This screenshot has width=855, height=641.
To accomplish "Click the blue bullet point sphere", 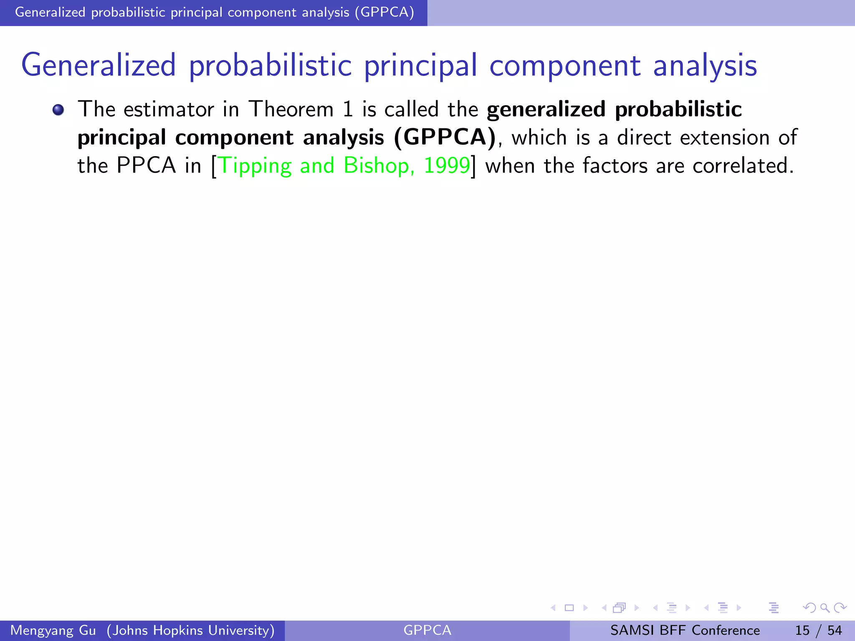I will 58,110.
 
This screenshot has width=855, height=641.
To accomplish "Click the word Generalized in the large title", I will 99,66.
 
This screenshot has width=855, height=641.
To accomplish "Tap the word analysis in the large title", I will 705,66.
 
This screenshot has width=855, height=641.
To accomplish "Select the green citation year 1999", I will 447,165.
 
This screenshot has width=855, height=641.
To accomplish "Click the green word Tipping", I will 255,166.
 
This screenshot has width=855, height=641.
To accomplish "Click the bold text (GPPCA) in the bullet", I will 445,137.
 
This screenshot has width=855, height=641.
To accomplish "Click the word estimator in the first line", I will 169,109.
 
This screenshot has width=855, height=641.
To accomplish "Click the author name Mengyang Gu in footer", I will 53,630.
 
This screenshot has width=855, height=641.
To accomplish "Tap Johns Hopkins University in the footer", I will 191,630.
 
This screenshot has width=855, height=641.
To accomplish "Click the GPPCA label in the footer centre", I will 427,630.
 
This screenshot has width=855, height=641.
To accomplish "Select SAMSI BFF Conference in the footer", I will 685,630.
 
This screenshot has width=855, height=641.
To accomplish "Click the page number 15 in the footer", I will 802,630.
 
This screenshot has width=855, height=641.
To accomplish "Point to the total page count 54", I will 835,630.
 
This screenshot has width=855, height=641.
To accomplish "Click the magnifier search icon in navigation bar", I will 825,608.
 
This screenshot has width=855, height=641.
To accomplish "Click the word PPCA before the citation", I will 146,165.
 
